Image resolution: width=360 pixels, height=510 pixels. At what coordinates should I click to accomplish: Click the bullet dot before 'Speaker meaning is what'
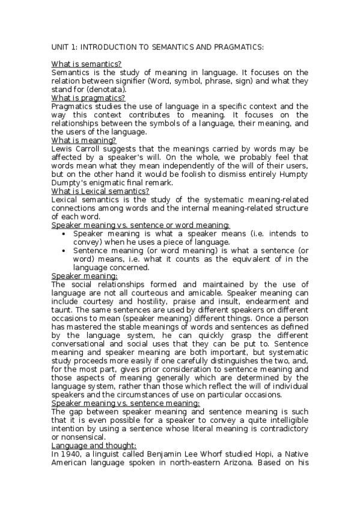point(64,233)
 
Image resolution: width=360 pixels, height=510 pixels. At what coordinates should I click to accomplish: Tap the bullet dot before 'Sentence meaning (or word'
point(64,250)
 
